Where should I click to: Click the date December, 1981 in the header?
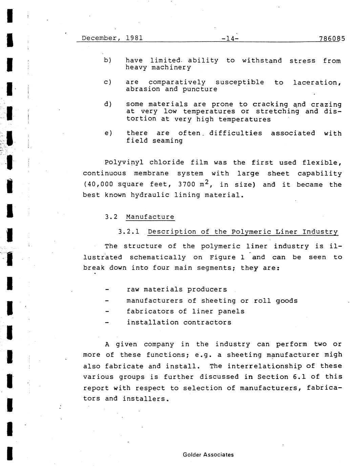pos(112,38)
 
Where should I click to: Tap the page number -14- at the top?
pos(230,39)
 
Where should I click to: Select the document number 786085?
pos(332,39)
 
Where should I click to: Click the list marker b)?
pos(108,61)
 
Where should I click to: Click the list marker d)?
pos(108,104)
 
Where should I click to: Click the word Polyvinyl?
pos(123,163)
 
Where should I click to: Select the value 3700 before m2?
pos(187,185)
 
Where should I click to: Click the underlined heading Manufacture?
pos(150,217)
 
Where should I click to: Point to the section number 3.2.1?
pos(129,232)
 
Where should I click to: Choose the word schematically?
pos(157,258)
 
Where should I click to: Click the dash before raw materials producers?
pos(107,290)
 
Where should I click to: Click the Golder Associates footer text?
pos(208,455)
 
